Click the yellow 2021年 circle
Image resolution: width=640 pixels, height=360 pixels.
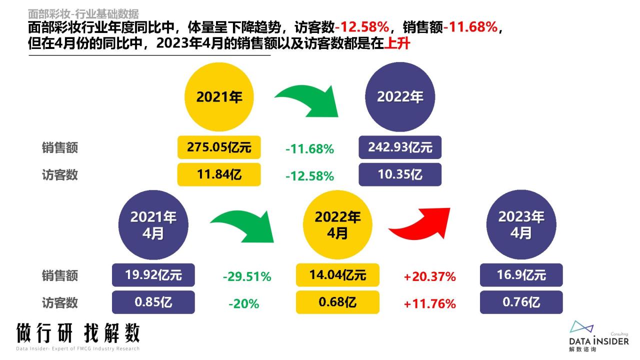[x=219, y=97]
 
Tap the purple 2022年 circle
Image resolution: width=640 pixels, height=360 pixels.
[x=399, y=97]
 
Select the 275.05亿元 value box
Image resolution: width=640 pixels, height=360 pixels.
[x=219, y=147]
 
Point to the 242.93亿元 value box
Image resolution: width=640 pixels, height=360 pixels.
[x=400, y=147]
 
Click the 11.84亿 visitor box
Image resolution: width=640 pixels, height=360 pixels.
[x=219, y=174]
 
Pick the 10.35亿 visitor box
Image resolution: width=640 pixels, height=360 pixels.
[x=400, y=174]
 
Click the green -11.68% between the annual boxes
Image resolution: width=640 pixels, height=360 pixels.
[x=309, y=149]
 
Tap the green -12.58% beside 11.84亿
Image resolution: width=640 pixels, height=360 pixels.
[x=309, y=176]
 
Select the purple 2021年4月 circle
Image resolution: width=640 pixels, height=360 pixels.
[x=153, y=224]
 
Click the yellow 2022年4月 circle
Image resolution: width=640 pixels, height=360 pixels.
[x=337, y=224]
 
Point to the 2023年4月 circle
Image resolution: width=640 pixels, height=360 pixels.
[x=521, y=224]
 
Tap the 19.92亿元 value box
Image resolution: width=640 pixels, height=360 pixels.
[x=153, y=275]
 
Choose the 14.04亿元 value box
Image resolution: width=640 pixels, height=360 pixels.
[x=337, y=275]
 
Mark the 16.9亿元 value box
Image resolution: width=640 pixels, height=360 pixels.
[x=521, y=275]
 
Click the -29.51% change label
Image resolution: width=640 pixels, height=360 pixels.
[x=247, y=276]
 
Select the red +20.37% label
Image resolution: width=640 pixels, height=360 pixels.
[x=430, y=276]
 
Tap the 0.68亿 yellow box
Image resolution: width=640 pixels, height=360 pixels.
[x=337, y=302]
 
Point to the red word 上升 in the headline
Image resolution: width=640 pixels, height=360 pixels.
[x=397, y=43]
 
